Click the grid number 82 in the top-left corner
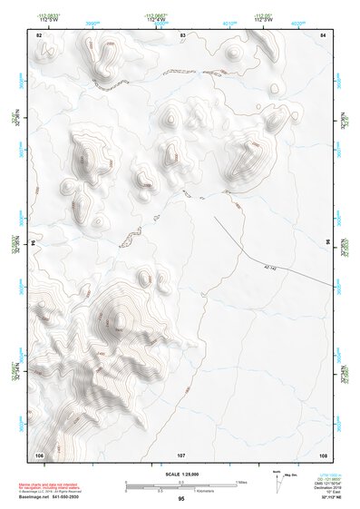click(x=39, y=34)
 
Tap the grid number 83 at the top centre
click(x=182, y=34)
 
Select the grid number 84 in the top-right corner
click(x=324, y=34)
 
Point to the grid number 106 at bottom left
click(x=39, y=454)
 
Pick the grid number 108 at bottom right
click(x=323, y=454)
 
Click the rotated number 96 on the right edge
click(x=328, y=244)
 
